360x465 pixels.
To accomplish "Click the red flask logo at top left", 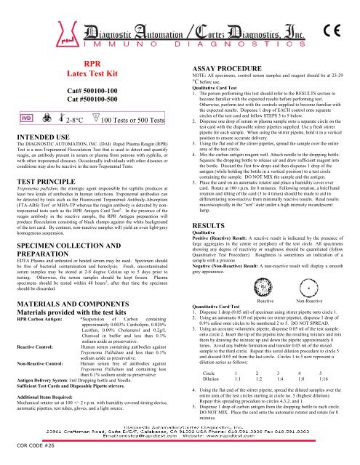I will pos(25,22).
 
